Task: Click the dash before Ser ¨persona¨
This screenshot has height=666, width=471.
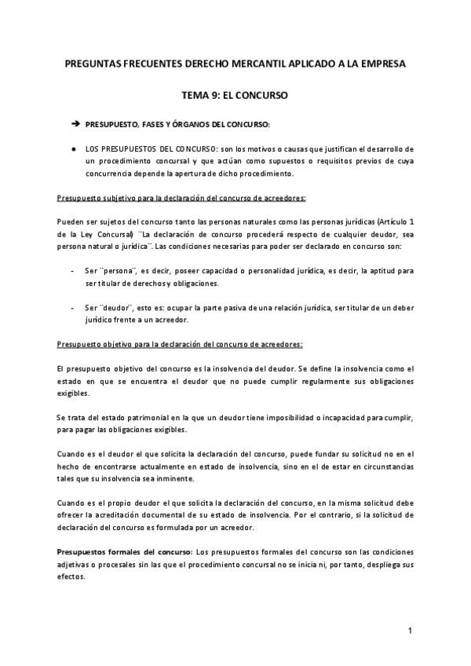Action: click(x=72, y=271)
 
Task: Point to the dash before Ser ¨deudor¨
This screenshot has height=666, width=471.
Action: click(x=72, y=307)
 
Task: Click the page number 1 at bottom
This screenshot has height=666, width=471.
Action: click(x=411, y=631)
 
